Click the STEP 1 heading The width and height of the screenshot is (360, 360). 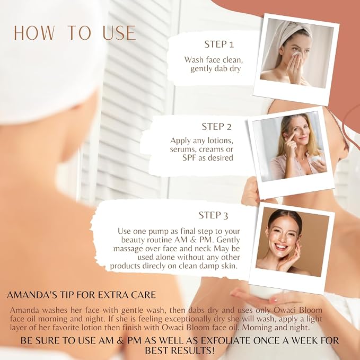[219, 44]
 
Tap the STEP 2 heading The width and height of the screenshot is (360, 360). [217, 127]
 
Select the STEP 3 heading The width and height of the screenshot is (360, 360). [214, 215]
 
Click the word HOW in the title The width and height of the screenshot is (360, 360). [33, 33]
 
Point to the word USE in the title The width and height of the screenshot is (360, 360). [119, 33]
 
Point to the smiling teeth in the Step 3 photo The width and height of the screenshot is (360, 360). [281, 247]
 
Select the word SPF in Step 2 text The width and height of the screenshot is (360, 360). [190, 158]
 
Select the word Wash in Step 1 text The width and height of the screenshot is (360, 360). [194, 60]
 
